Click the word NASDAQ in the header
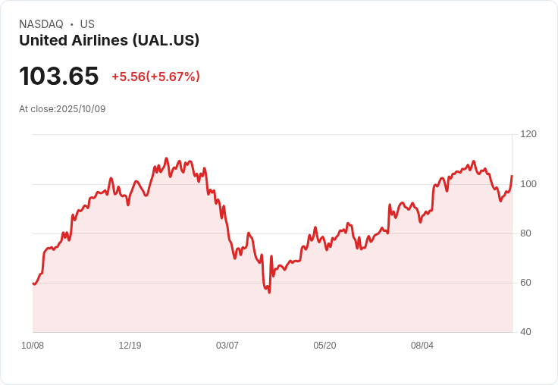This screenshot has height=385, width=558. click(x=41, y=24)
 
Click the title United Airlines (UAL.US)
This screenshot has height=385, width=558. click(x=109, y=41)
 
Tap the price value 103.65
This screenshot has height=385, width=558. click(x=59, y=77)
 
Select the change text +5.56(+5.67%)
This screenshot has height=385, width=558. click(x=155, y=77)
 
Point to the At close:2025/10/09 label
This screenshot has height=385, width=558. click(x=62, y=109)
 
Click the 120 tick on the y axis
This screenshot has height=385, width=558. click(x=528, y=134)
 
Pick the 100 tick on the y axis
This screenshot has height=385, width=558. click(x=528, y=184)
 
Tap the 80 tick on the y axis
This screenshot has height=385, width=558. click(x=525, y=233)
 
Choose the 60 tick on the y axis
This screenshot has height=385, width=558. click(x=525, y=283)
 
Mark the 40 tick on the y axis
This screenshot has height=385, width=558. click(x=525, y=332)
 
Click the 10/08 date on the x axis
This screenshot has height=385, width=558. click(x=33, y=346)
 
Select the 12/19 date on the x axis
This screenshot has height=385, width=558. click(x=130, y=346)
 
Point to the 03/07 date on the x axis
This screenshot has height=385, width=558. click(x=227, y=346)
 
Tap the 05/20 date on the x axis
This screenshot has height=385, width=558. click(x=324, y=346)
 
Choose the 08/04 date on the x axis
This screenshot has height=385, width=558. click(x=422, y=346)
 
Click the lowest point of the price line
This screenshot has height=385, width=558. click(x=269, y=293)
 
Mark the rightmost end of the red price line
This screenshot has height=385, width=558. click(x=512, y=176)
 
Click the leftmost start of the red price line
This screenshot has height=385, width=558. click(x=33, y=283)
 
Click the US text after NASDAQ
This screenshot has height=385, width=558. click(x=87, y=24)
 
